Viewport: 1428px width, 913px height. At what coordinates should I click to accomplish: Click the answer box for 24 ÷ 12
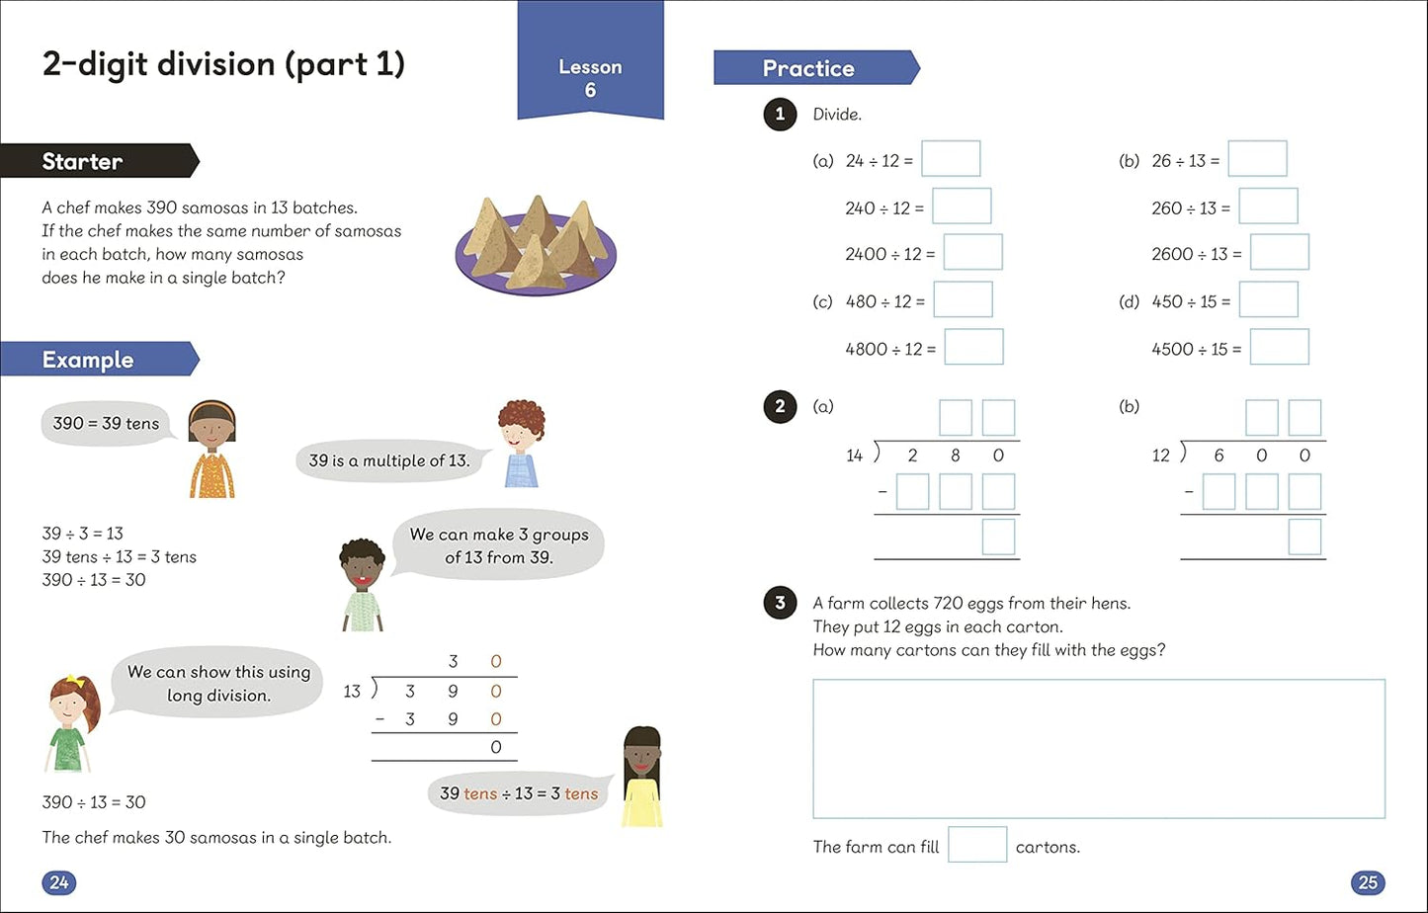(x=951, y=159)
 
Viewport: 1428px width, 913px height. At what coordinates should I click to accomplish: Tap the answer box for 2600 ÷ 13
(x=1279, y=252)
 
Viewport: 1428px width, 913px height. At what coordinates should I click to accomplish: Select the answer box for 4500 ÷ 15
(x=1279, y=347)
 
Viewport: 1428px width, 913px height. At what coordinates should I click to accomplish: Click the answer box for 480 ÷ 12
(x=963, y=299)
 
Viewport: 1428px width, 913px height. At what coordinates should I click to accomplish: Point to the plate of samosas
(x=535, y=246)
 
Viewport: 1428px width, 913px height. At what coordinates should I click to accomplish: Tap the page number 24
(x=59, y=881)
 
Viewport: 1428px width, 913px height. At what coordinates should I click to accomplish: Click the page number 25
(x=1368, y=881)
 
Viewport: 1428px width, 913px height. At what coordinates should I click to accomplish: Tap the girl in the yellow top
(x=642, y=777)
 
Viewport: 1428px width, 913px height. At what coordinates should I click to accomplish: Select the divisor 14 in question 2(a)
(x=854, y=456)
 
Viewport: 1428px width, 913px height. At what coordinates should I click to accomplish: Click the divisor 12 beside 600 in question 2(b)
(x=1160, y=456)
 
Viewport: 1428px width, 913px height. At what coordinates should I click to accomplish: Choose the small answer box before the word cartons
(x=977, y=845)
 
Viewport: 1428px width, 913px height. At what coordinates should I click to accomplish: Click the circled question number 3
(x=780, y=603)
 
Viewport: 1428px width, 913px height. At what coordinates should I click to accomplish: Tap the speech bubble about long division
(x=217, y=683)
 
